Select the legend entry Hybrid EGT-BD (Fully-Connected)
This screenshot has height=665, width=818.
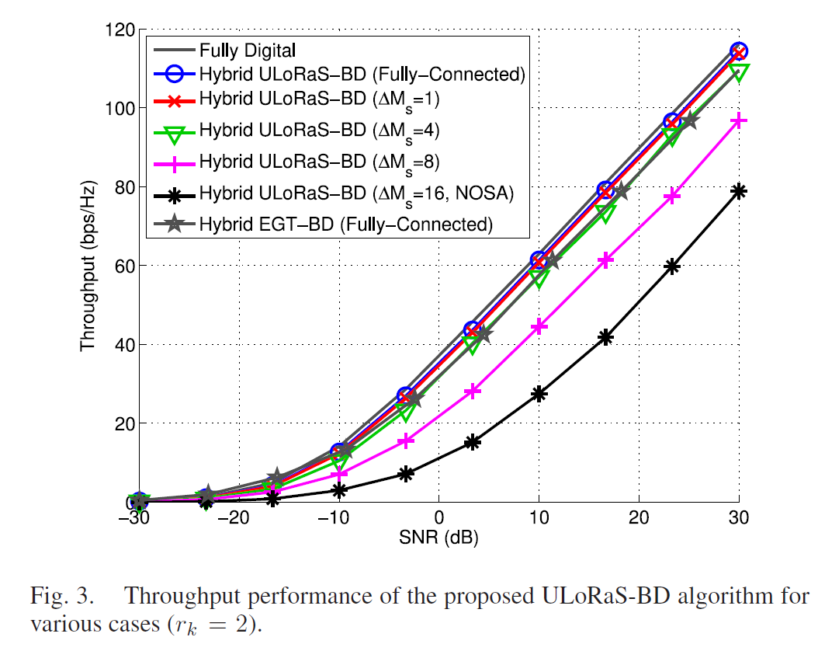coord(346,225)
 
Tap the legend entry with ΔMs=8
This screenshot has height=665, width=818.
coord(315,162)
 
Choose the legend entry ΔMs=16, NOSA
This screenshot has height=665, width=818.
coord(356,193)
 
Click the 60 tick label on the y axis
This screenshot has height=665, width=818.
coord(123,266)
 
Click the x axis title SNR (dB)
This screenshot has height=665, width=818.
coord(438,537)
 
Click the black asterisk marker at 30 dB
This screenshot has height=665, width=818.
coord(739,191)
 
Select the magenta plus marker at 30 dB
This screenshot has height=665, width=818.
coord(739,120)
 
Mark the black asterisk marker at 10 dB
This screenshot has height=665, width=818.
coord(539,394)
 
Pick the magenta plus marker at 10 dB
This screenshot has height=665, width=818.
coord(539,327)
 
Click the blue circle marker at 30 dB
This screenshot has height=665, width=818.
coord(739,51)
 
